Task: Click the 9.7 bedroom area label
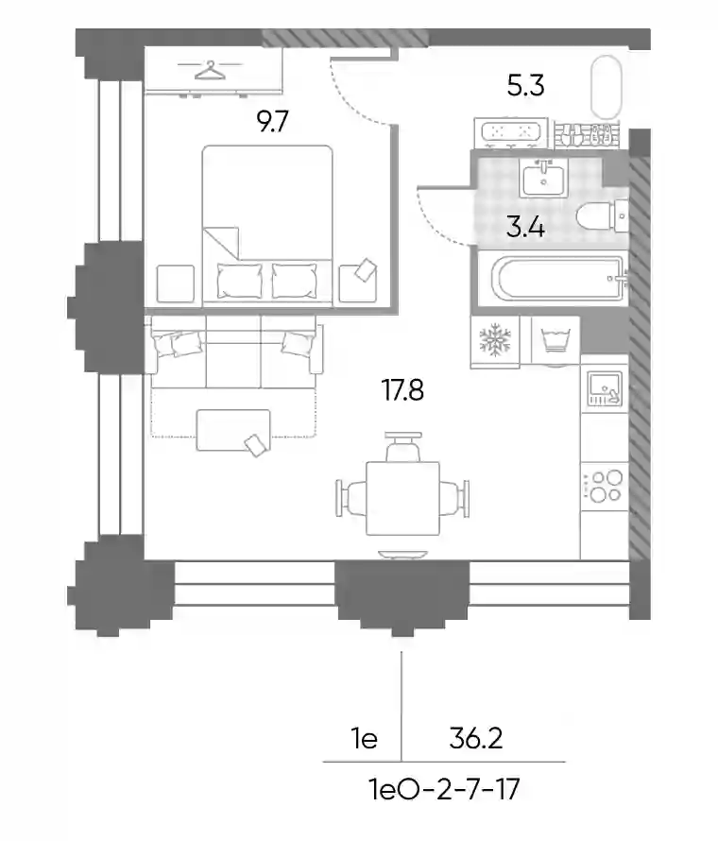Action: [272, 122]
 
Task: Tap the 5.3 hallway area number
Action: [525, 86]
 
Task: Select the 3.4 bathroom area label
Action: [525, 228]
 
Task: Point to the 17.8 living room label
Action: [402, 390]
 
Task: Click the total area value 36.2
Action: [475, 739]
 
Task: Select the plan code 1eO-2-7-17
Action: [444, 789]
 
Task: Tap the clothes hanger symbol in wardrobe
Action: [210, 70]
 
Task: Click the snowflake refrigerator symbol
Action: [495, 339]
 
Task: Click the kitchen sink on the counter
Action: [605, 388]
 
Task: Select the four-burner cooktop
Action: [605, 486]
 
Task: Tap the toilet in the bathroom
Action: [602, 216]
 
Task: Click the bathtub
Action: [561, 279]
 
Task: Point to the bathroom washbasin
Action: [543, 180]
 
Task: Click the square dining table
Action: [402, 498]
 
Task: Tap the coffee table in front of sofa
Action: [233, 430]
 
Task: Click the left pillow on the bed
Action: [240, 281]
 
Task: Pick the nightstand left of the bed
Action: [176, 283]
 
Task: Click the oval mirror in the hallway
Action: [607, 88]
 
